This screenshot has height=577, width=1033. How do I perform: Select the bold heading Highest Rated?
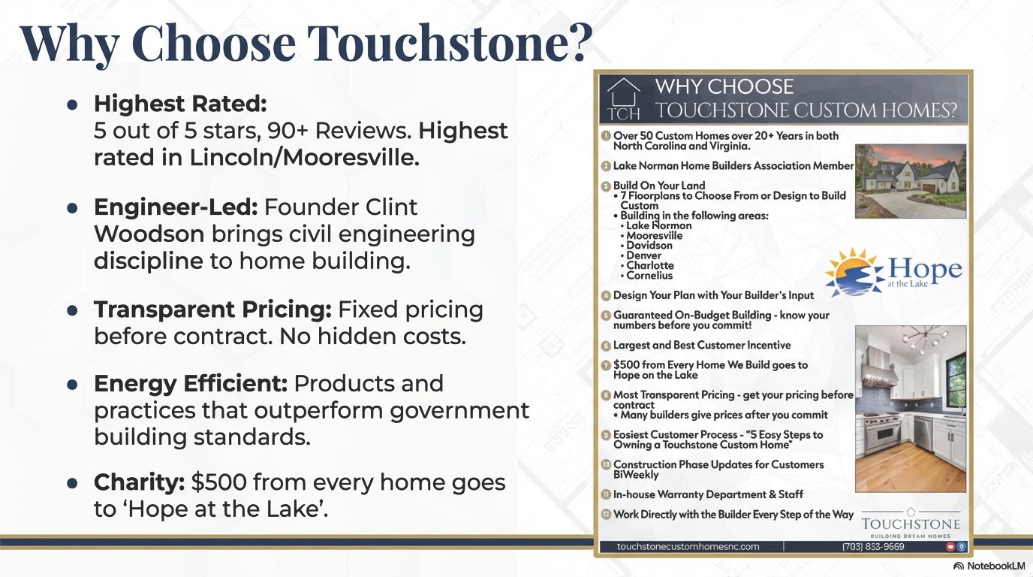pyautogui.click(x=180, y=104)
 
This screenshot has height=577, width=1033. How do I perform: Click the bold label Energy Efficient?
pyautogui.click(x=191, y=383)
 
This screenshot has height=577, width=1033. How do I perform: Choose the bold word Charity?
pyautogui.click(x=139, y=482)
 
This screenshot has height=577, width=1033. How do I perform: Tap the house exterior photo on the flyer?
pyautogui.click(x=911, y=181)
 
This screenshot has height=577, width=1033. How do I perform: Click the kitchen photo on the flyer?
pyautogui.click(x=911, y=408)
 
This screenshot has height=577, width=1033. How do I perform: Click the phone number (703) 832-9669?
pyautogui.click(x=872, y=547)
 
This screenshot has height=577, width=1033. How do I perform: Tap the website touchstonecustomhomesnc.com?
pyautogui.click(x=688, y=547)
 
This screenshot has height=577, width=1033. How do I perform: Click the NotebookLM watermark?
pyautogui.click(x=989, y=565)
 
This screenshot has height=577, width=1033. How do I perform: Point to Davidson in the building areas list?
pyautogui.click(x=649, y=246)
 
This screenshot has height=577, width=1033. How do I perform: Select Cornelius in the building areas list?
pyautogui.click(x=649, y=276)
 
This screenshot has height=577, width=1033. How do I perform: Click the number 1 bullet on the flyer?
pyautogui.click(x=606, y=136)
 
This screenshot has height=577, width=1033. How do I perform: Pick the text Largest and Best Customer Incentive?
pyautogui.click(x=702, y=346)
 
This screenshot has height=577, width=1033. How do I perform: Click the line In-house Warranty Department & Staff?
pyautogui.click(x=708, y=494)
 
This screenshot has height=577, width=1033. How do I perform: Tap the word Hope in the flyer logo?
pyautogui.click(x=925, y=268)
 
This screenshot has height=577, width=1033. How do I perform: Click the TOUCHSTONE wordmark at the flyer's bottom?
pyautogui.click(x=911, y=524)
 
